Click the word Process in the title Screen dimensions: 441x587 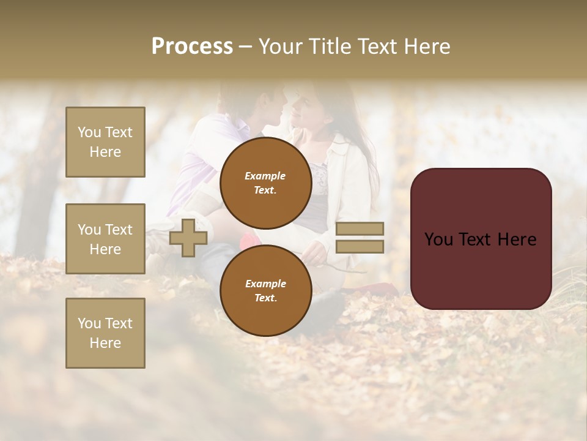[192, 47]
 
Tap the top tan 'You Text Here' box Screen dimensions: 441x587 [105, 142]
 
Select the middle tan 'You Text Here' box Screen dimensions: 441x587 [105, 239]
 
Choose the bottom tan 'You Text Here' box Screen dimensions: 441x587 [105, 333]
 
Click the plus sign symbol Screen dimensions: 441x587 [188, 238]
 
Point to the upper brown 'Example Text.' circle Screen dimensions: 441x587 [265, 183]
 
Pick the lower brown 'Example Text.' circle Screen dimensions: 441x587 [265, 290]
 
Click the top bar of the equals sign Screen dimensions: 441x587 [360, 228]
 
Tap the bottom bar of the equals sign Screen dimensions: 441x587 [360, 246]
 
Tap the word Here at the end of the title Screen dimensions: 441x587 [427, 47]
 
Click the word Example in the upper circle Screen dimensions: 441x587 [265, 176]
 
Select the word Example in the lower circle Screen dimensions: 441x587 [265, 284]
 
